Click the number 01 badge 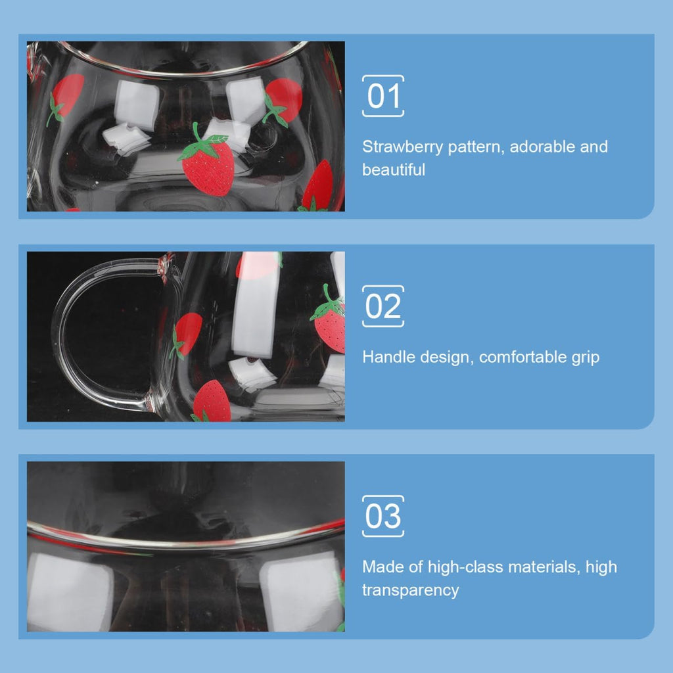(383, 96)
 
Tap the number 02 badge (383, 306)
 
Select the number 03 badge (383, 517)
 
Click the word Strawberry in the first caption (402, 147)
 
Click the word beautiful (394, 170)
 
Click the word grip (585, 358)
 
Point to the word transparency (411, 590)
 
